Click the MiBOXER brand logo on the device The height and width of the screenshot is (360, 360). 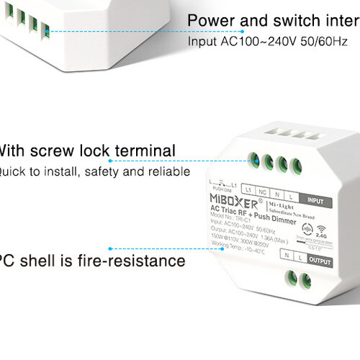pyautogui.click(x=219, y=197)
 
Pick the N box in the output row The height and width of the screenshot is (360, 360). pyautogui.click(x=287, y=255)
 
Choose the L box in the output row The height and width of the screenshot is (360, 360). pyautogui.click(x=301, y=255)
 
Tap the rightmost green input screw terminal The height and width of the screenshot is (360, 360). pyautogui.click(x=294, y=163)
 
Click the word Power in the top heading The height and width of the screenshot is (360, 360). pyautogui.click(x=212, y=19)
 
